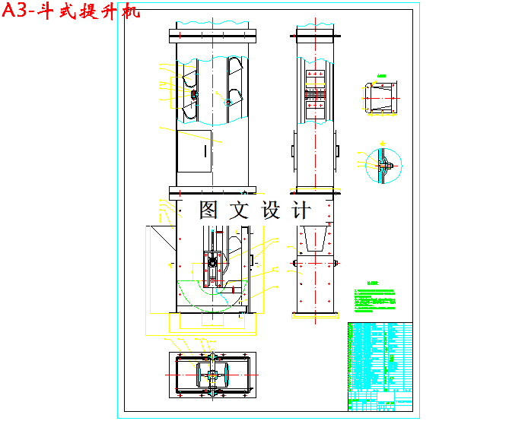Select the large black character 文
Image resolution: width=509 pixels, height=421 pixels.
[241, 210]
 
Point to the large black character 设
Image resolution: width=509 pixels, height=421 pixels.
[272, 210]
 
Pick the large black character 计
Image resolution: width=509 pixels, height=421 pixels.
[303, 210]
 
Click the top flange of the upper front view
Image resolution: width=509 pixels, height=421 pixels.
[212, 33]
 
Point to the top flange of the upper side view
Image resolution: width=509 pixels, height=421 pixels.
[315, 33]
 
